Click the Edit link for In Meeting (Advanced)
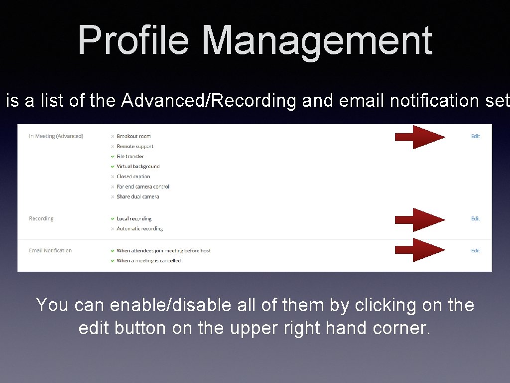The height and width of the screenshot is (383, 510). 475,136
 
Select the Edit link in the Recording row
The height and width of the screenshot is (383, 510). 475,218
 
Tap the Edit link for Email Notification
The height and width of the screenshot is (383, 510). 475,250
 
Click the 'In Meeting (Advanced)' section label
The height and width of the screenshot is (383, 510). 56,136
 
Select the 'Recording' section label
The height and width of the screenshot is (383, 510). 41,218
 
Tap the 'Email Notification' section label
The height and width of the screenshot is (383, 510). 50,250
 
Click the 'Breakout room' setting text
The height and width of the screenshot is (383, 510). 133,136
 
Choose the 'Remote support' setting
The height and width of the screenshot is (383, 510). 135,146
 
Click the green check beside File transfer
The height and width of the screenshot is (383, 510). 113,157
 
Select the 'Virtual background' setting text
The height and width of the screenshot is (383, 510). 138,166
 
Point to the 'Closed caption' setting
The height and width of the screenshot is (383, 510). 133,177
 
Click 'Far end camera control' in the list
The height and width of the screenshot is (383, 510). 143,187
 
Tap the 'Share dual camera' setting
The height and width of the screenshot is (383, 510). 138,196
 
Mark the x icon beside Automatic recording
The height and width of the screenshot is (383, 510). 113,229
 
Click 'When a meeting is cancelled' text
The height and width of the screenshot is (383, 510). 148,260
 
